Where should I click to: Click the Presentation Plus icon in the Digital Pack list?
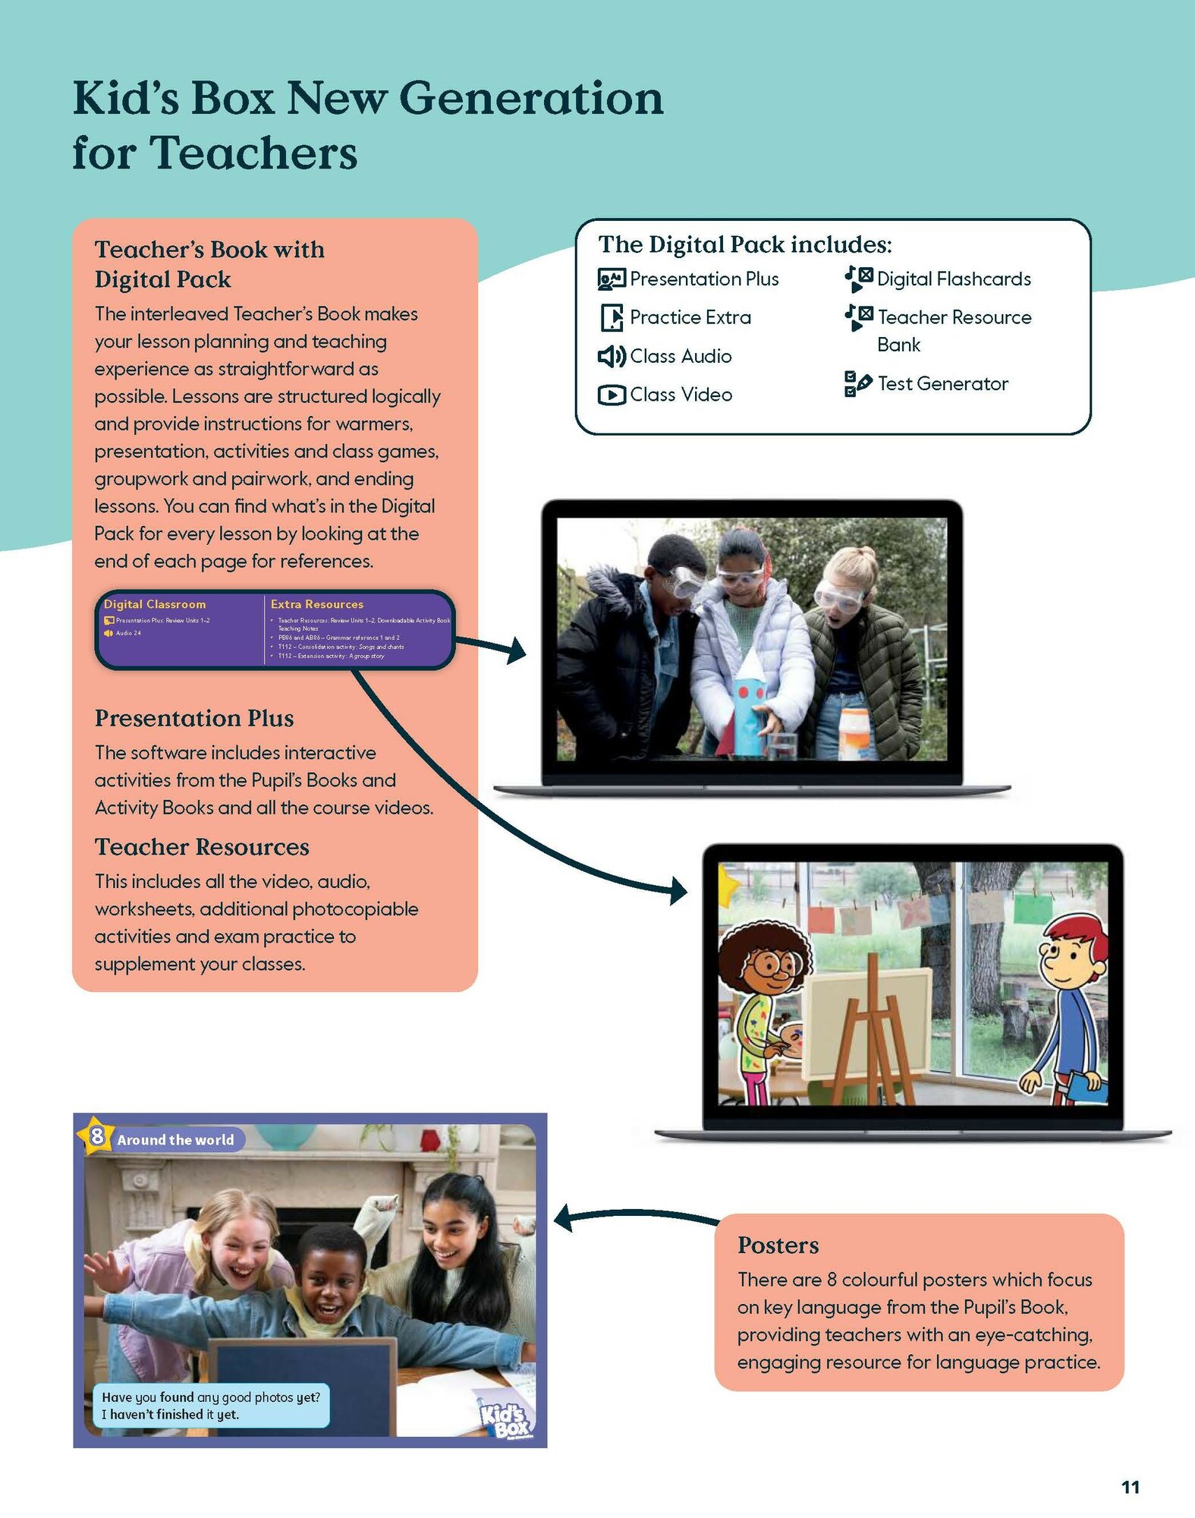tap(611, 279)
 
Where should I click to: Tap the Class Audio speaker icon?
tap(611, 356)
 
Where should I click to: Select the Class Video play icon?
tap(611, 395)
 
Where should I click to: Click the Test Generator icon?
tap(857, 383)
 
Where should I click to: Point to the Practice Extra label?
tap(690, 317)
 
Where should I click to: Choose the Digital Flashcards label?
tap(954, 279)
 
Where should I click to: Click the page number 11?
tap(1130, 1487)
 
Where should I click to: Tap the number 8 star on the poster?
tap(96, 1136)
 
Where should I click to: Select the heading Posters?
tap(778, 1245)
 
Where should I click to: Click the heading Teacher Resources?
tap(202, 846)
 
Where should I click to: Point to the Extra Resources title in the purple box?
tap(316, 604)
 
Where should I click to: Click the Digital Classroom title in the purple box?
tap(155, 604)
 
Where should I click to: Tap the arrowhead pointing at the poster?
tap(564, 1217)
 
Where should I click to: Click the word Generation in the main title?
tap(530, 99)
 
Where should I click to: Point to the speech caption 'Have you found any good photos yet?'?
tap(211, 1397)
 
